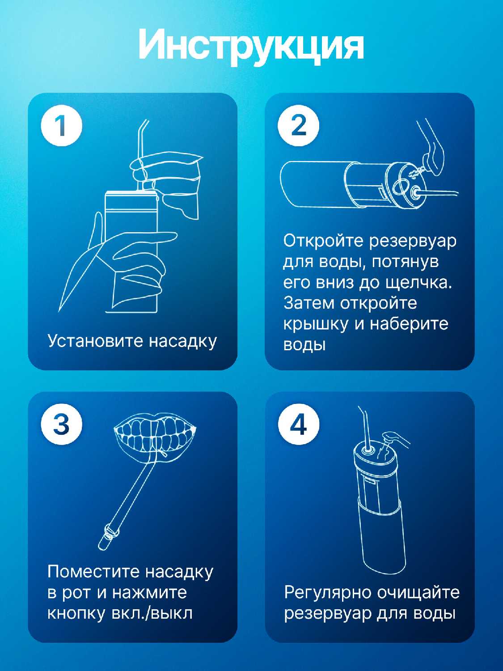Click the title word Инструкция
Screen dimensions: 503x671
point(251,47)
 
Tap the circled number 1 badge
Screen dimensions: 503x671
point(62,126)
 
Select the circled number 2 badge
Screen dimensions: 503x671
point(298,126)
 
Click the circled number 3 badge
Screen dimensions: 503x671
point(62,425)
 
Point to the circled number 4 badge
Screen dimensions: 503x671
point(298,425)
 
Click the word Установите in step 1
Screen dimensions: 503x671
point(95,341)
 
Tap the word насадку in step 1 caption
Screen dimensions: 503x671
point(183,341)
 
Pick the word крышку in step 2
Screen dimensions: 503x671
point(316,325)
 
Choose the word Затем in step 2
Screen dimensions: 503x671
point(309,304)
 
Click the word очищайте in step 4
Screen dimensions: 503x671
point(418,592)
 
